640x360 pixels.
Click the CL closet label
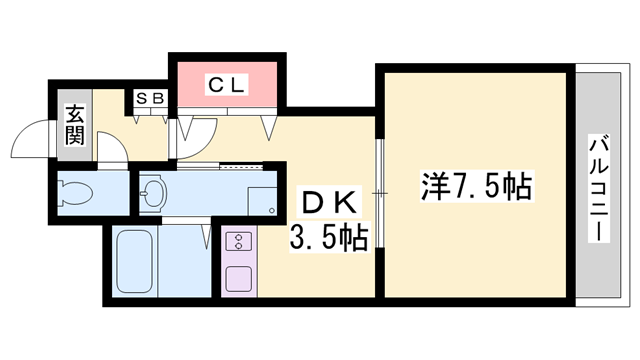pos(227,85)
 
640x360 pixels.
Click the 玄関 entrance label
pos(75,125)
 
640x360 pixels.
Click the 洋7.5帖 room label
pos(475,187)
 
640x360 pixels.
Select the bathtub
pos(135,263)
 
